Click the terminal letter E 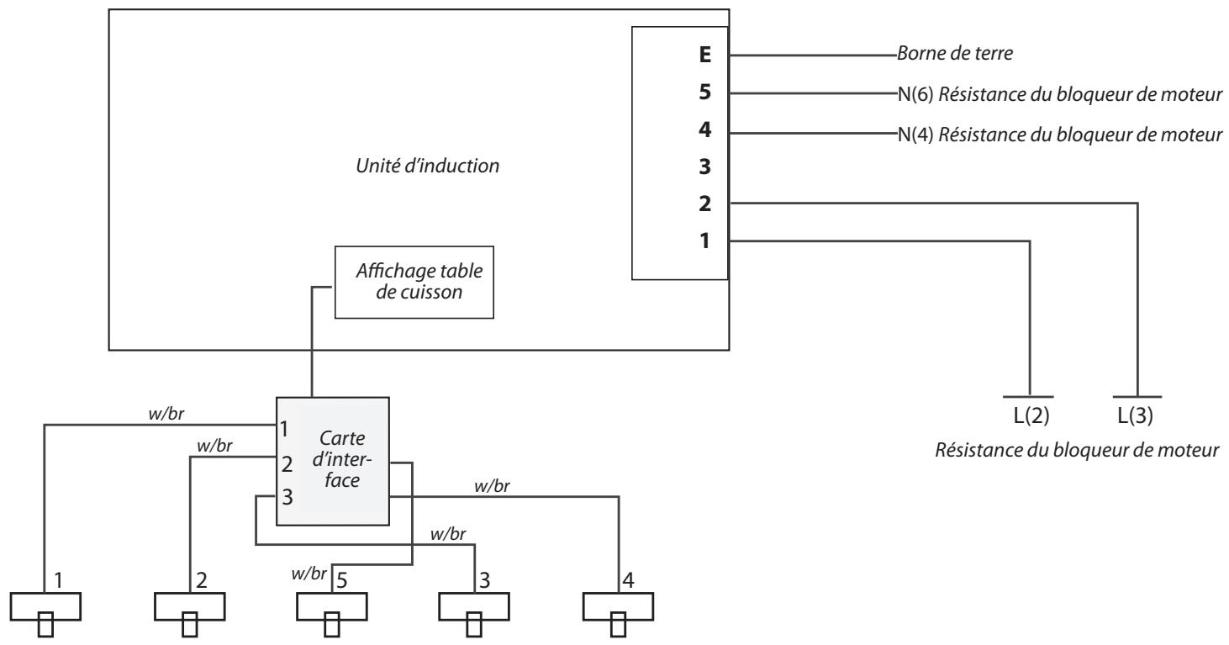[x=705, y=55]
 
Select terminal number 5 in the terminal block [x=705, y=92]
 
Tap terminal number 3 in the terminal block [x=705, y=167]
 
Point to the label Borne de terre [x=955, y=53]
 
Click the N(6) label [x=915, y=94]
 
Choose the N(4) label [x=915, y=135]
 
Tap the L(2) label [x=1031, y=415]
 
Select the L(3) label [x=1135, y=415]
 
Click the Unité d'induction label [x=427, y=166]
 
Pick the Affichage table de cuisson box [x=414, y=283]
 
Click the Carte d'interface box [x=333, y=461]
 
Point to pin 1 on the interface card [x=283, y=429]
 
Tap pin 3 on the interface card [x=287, y=497]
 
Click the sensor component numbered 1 [x=45, y=614]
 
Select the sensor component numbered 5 [x=332, y=614]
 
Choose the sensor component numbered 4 [x=618, y=614]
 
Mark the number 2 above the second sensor [x=202, y=580]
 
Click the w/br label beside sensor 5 [x=309, y=574]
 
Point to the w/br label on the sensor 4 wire [x=492, y=486]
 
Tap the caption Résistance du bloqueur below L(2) [x=1077, y=450]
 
